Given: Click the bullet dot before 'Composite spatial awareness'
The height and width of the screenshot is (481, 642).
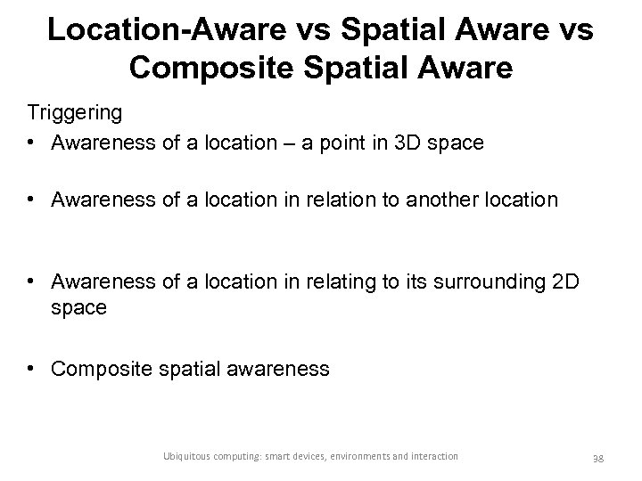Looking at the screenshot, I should pyautogui.click(x=32, y=368).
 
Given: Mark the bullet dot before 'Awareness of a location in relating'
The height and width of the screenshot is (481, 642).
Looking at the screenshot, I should pyautogui.click(x=32, y=281).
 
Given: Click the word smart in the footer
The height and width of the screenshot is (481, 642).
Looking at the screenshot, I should pyautogui.click(x=286, y=456).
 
